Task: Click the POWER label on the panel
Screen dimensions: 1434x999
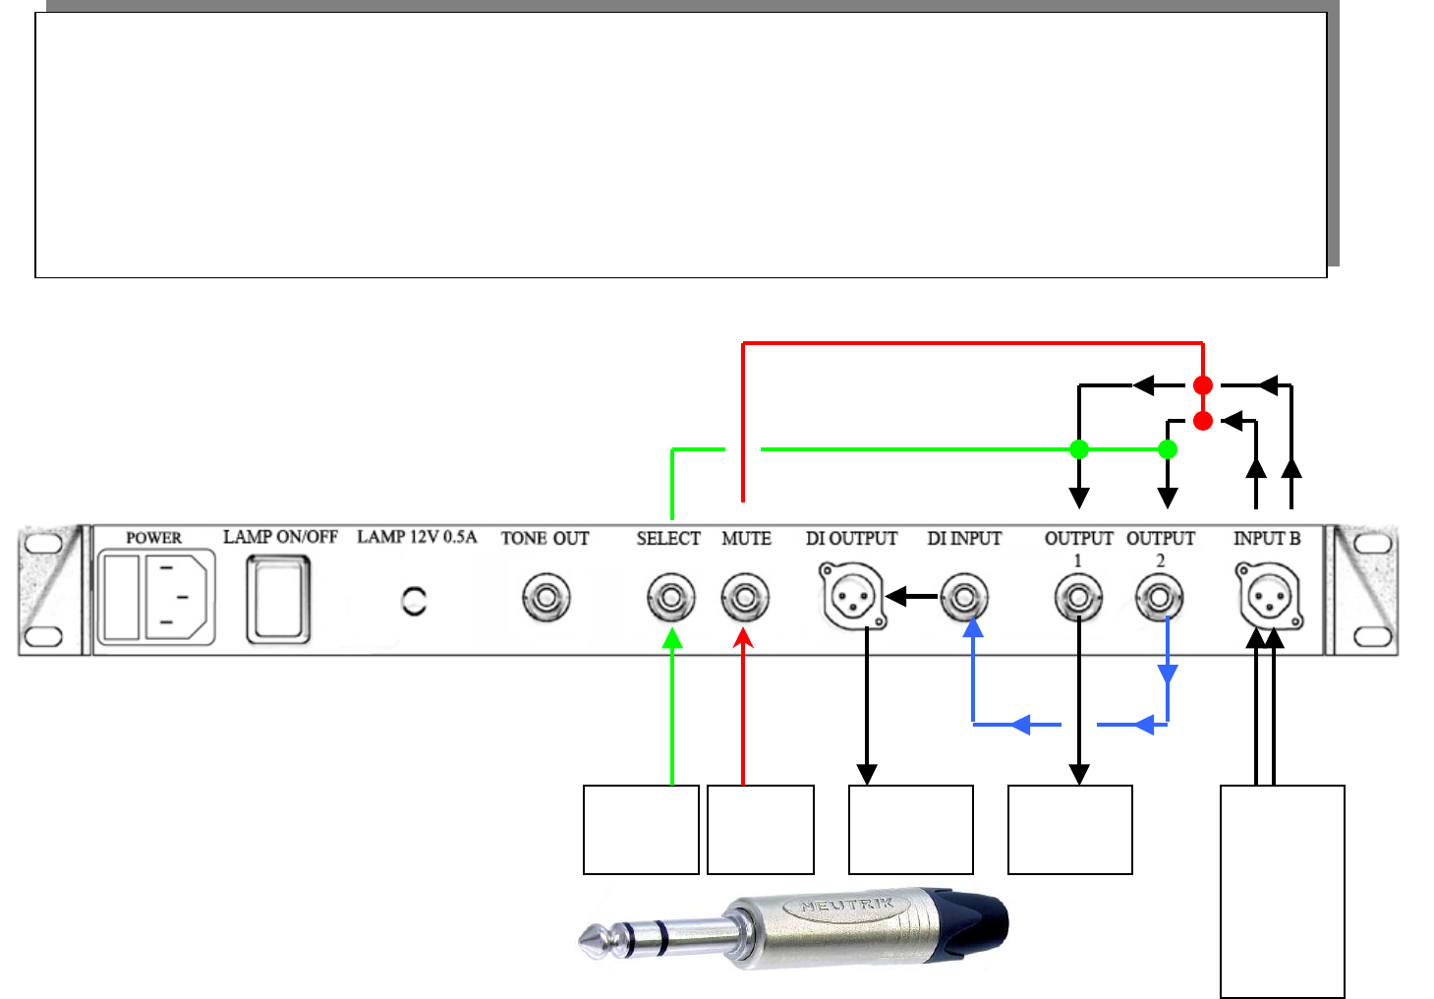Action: [153, 537]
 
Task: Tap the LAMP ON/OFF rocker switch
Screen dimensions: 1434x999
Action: [278, 600]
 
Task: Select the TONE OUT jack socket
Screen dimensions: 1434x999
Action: [546, 598]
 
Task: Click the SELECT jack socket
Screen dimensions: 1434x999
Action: [671, 598]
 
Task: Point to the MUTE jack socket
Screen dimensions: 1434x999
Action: [745, 598]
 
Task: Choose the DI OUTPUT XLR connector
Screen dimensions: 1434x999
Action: [853, 596]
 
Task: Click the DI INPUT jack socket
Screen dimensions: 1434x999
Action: [964, 598]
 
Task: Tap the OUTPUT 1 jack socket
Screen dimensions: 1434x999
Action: [1079, 598]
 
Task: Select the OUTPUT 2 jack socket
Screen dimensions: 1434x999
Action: [1160, 598]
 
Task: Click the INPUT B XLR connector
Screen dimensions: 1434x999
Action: [1270, 596]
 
